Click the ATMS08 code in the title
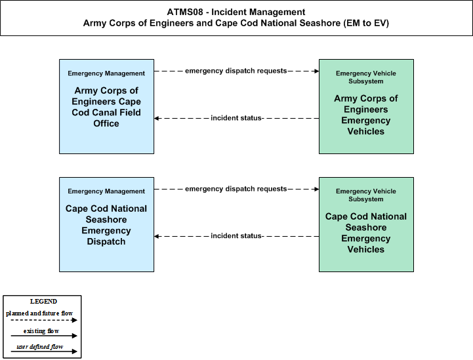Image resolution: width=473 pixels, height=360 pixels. click(185, 12)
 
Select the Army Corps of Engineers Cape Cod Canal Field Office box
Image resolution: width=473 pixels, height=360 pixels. click(106, 106)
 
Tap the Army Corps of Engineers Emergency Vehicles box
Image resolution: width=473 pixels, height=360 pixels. click(366, 106)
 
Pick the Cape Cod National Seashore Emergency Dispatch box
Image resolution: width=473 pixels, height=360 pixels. click(106, 224)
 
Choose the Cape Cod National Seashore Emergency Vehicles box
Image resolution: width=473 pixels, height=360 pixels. click(366, 224)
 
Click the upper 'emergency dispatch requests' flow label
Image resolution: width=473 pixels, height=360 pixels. click(236, 71)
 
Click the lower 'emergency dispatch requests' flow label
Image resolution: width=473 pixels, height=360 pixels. click(236, 189)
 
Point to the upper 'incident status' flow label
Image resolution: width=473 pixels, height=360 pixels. click(236, 118)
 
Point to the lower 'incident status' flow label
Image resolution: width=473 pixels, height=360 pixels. click(236, 236)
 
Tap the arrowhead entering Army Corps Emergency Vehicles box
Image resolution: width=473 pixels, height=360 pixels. click(317, 71)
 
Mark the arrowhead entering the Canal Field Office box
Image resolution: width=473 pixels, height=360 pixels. click(157, 118)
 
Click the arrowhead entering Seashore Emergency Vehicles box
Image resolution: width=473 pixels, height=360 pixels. click(317, 189)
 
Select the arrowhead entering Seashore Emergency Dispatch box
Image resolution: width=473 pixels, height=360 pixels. click(157, 236)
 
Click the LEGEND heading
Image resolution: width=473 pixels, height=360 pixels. click(43, 302)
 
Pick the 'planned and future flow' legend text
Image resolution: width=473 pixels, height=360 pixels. click(39, 313)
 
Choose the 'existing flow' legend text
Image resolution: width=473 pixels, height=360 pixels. click(41, 331)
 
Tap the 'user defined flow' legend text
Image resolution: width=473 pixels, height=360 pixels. click(40, 347)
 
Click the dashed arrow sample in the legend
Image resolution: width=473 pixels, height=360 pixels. click(44, 320)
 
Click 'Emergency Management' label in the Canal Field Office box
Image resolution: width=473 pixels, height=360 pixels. click(106, 73)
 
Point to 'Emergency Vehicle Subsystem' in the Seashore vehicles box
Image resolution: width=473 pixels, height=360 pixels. click(366, 195)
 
